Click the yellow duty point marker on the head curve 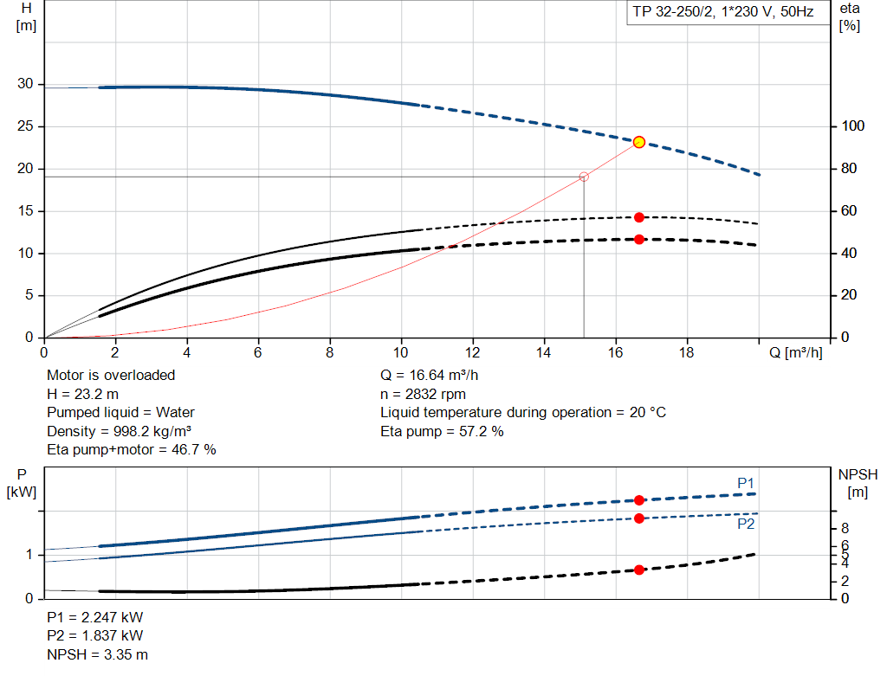(639, 142)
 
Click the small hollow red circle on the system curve (584, 177)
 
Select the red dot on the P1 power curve (639, 500)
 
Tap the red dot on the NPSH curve (639, 570)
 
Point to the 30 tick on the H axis (26, 84)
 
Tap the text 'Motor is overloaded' (111, 375)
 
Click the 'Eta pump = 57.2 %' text (442, 431)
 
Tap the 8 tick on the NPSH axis (845, 528)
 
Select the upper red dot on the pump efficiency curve (639, 217)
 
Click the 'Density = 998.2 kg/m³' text (120, 431)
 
